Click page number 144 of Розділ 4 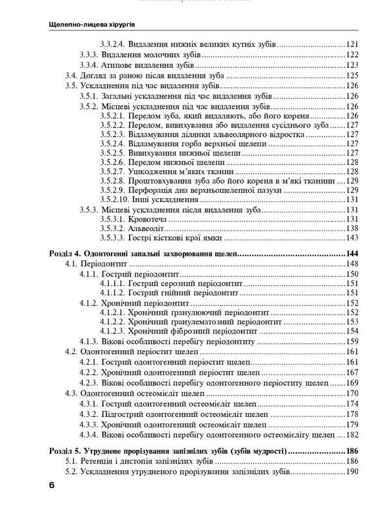click(351, 254)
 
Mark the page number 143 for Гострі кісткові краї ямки click(352, 239)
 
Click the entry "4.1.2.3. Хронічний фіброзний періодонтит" click(184, 330)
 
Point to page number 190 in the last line click(352, 472)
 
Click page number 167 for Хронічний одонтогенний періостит click(352, 372)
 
